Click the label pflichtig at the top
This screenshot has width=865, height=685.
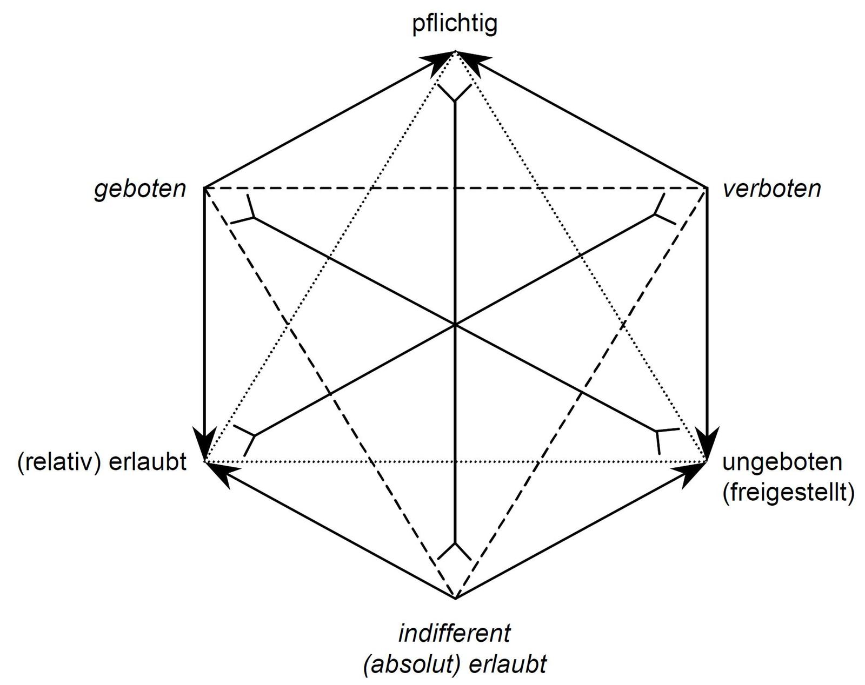[x=455, y=25]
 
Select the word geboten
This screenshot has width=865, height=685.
[x=140, y=189]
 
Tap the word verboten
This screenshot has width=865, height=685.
[x=771, y=189]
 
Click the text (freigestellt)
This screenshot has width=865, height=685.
[x=788, y=493]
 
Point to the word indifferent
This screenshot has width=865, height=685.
[x=454, y=633]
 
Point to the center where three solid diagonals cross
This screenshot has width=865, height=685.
[x=456, y=325]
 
